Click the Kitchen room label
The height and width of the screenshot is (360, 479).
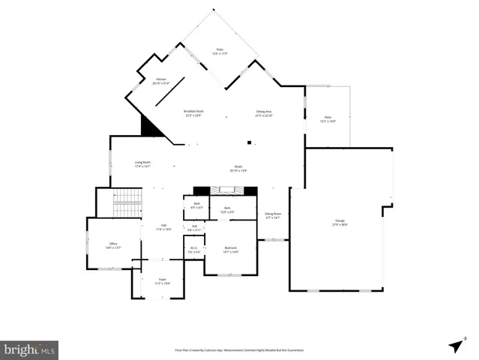coord(161,80)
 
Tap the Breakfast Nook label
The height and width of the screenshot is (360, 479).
coord(194,113)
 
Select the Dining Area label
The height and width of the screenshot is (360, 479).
coord(263,113)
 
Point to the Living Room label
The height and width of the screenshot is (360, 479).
coord(142,164)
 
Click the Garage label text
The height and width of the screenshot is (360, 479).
coord(340,222)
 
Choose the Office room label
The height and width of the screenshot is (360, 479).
coord(114,244)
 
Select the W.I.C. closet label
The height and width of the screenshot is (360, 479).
coord(193,250)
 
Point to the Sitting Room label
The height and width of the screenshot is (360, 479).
coord(273,215)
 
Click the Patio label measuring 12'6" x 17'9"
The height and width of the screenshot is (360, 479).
coord(220,51)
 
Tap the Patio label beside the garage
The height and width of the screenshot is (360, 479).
coord(328,118)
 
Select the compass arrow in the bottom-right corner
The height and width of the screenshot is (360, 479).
coord(455,345)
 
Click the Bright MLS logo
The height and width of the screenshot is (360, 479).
coord(29,349)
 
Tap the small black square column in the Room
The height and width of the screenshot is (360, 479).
coord(250,142)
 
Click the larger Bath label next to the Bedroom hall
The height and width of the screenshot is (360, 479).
coord(227,209)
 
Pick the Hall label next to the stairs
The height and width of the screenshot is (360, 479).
coord(163,227)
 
